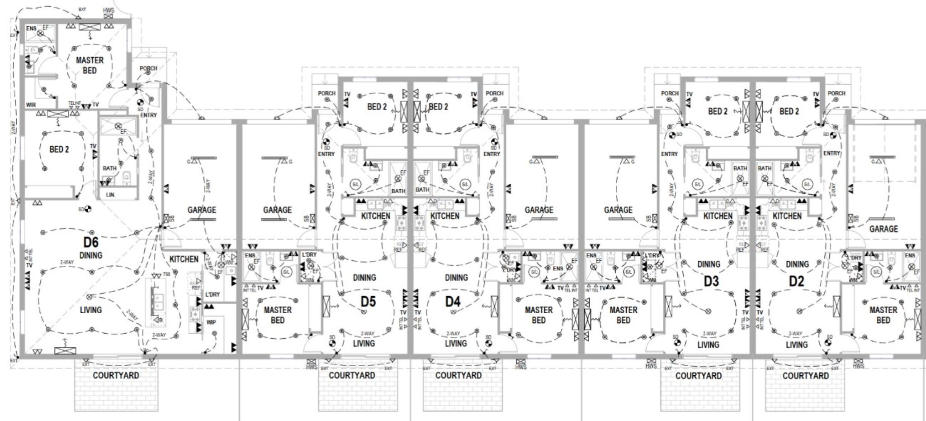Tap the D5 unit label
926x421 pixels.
pos(368,301)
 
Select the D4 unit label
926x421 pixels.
pos(453,301)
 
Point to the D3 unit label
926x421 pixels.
pos(711,282)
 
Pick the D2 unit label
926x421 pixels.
pos(796,282)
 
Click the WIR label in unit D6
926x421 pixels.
pos(31,105)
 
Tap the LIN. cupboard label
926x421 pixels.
pos(110,195)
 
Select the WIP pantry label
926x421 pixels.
pos(211,322)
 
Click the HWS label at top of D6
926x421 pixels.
pos(109,10)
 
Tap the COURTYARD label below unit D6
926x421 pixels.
pos(116,375)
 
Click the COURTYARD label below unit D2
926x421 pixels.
pos(806,376)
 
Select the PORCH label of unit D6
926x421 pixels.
pos(148,68)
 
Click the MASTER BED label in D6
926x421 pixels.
pos(90,65)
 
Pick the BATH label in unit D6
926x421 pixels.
pos(109,168)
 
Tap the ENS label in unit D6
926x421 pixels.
pos(31,29)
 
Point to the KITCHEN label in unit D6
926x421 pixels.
pos(184,259)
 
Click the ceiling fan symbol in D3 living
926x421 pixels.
pos(709,311)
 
